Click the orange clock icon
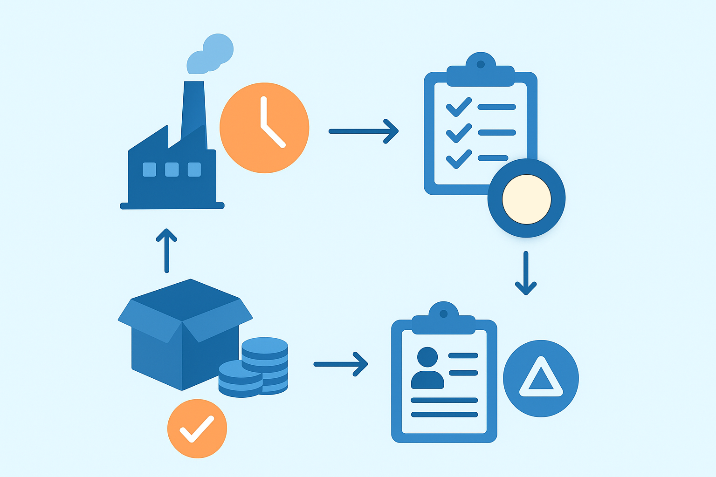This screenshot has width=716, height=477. pyautogui.click(x=264, y=128)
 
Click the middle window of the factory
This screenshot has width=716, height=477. pyautogui.click(x=172, y=170)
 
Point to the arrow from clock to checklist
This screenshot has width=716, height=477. pyautogui.click(x=363, y=131)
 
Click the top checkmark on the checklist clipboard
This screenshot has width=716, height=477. pyautogui.click(x=459, y=107)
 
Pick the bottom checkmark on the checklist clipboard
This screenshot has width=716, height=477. pyautogui.click(x=459, y=158)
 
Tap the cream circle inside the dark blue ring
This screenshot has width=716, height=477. pyautogui.click(x=526, y=199)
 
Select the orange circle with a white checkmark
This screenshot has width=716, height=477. pyautogui.click(x=197, y=428)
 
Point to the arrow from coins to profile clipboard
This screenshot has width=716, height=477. pyautogui.click(x=341, y=364)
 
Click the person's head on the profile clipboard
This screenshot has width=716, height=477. pyautogui.click(x=427, y=357)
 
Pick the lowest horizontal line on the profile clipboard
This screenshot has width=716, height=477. pyautogui.click(x=444, y=415)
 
